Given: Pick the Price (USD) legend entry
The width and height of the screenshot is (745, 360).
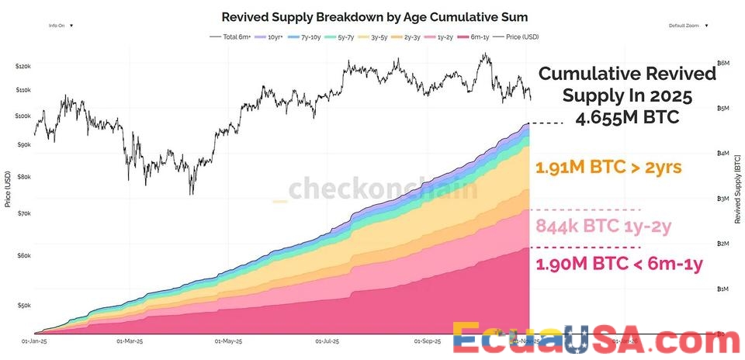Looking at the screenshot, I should [521, 36].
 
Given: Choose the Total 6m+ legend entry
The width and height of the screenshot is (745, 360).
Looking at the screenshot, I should [230, 36].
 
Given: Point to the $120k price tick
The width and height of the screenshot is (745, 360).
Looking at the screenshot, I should [23, 67].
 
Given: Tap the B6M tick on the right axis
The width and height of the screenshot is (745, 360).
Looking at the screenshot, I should [723, 63].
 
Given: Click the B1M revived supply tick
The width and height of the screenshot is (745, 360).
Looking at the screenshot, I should [723, 289].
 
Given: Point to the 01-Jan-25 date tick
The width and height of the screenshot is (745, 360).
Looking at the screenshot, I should [35, 341].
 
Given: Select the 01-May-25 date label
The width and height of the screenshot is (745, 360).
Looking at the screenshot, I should [227, 341].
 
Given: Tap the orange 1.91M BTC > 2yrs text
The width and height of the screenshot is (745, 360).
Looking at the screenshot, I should [608, 168].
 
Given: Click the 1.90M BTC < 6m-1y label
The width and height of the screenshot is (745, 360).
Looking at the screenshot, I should [619, 264].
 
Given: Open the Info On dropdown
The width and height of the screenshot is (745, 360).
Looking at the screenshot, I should [61, 26].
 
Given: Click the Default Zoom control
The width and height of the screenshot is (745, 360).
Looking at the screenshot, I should [688, 26].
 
